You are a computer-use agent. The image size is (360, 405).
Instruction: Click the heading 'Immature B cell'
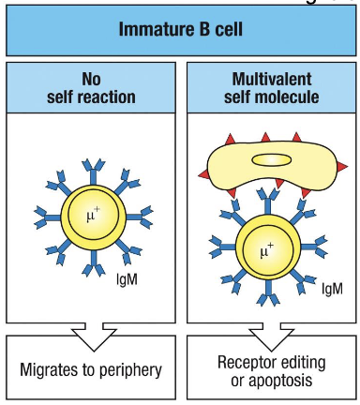click(x=179, y=29)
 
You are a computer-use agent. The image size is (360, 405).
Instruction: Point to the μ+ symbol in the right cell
click(x=270, y=252)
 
